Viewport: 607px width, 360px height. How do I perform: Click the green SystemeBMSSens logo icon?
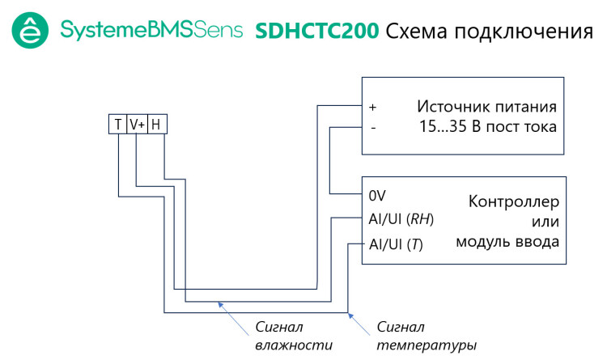(31, 32)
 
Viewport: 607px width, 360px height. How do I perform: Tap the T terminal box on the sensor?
(118, 125)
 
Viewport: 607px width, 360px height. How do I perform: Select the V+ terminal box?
(137, 125)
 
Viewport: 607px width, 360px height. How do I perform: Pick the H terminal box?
(156, 125)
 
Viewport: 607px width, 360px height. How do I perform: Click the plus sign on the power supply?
(373, 107)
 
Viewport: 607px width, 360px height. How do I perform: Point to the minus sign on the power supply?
(372, 127)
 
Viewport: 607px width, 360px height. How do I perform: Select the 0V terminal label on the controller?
(376, 196)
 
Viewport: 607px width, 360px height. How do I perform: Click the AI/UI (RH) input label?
(401, 218)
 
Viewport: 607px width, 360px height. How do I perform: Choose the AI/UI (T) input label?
(396, 243)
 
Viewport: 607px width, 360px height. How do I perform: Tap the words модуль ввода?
(507, 241)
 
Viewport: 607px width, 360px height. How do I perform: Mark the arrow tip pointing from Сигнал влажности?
(218, 303)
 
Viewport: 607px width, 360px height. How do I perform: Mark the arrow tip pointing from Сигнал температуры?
(349, 313)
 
